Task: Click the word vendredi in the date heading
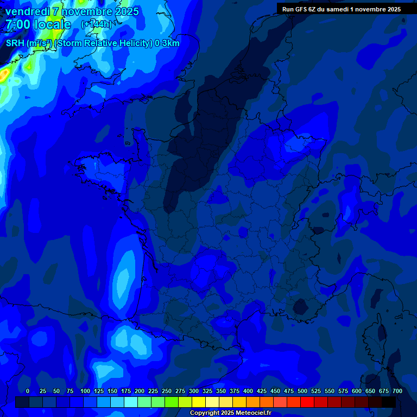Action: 28,11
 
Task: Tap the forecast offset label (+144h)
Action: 96,24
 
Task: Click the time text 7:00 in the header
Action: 18,24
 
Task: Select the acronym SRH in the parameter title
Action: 14,43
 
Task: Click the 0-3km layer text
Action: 167,43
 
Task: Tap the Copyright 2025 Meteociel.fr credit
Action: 230,413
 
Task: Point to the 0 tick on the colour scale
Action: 28,391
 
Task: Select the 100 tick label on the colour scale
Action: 85,391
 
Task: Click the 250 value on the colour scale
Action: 167,391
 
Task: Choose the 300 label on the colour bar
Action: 194,391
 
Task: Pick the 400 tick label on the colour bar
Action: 248,391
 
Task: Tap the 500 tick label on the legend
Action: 302,391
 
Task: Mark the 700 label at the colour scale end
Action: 397,391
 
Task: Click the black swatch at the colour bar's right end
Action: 389,402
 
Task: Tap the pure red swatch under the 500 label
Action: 307,402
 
